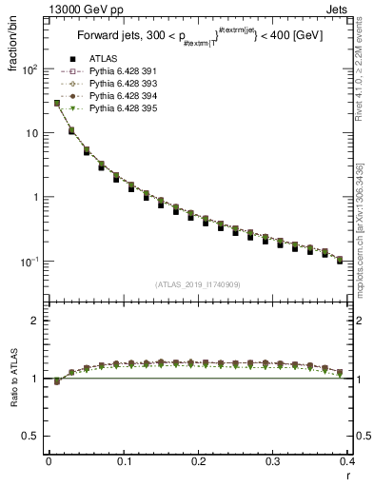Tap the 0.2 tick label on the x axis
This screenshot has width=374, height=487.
198,462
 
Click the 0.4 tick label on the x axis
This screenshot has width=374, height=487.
348,462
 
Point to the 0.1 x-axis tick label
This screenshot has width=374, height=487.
124,462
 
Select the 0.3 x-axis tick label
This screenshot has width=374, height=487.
273,462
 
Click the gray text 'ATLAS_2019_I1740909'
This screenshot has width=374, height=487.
198,284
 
